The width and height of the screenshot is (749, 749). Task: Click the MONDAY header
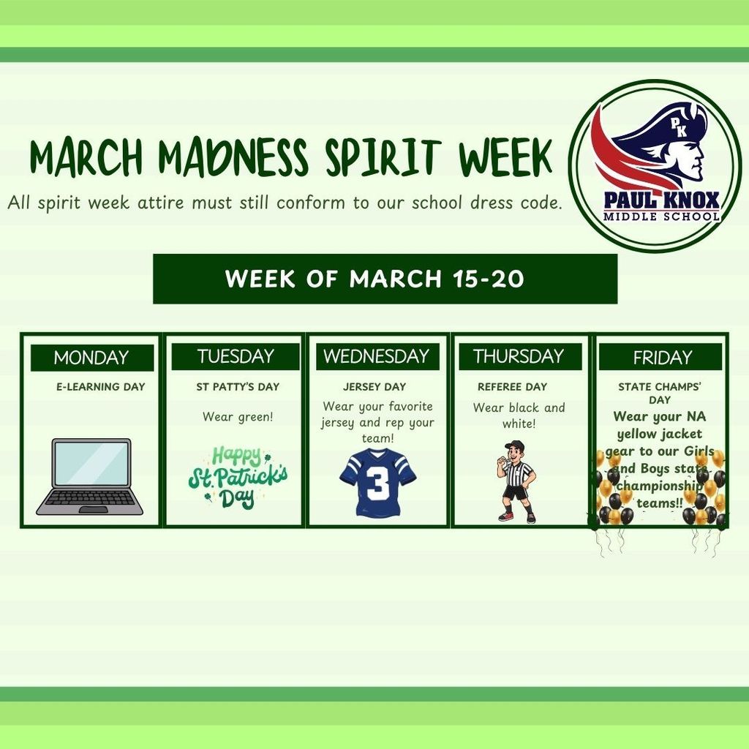click(x=91, y=358)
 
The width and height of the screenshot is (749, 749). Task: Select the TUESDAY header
click(x=235, y=356)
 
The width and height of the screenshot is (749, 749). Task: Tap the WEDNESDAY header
click(x=377, y=356)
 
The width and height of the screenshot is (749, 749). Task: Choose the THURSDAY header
click(x=519, y=356)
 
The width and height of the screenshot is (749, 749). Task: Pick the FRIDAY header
click(x=662, y=358)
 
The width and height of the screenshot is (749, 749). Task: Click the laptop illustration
click(x=90, y=477)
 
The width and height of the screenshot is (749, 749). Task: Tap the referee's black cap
click(x=515, y=445)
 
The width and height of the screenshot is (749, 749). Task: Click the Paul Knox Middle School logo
click(x=655, y=166)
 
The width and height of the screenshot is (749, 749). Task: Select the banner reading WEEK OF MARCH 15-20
click(x=385, y=279)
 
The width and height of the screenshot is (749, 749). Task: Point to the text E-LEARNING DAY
click(x=101, y=387)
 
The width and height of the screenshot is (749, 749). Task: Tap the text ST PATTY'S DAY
click(x=238, y=387)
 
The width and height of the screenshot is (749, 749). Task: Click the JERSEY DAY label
click(x=374, y=387)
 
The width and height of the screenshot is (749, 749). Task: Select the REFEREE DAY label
click(x=512, y=387)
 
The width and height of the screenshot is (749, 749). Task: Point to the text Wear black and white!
click(x=519, y=415)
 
